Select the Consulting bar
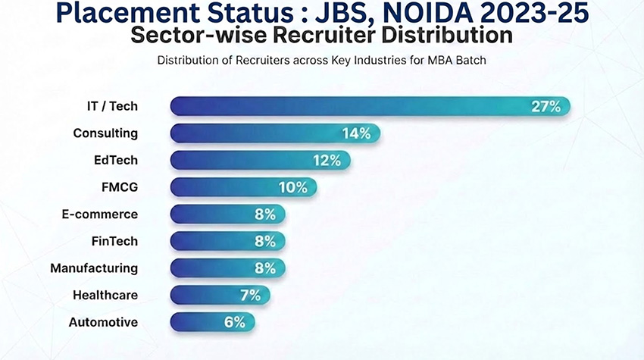tap(258, 133)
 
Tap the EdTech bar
tap(242, 160)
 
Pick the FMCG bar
tap(227, 187)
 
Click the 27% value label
tap(546, 106)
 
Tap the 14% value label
tap(355, 133)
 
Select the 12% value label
tap(327, 160)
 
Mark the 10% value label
tap(292, 187)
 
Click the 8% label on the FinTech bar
tap(264, 241)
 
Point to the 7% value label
tap(249, 295)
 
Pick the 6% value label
tap(234, 322)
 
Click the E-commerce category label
tap(100, 214)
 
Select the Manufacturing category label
tap(94, 268)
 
